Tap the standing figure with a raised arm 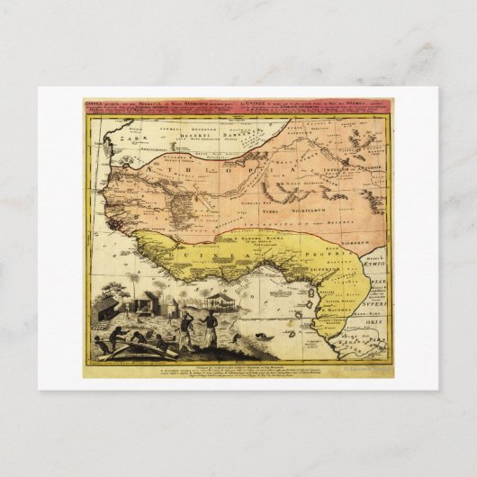(184, 328)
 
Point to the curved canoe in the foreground (135, 347)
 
